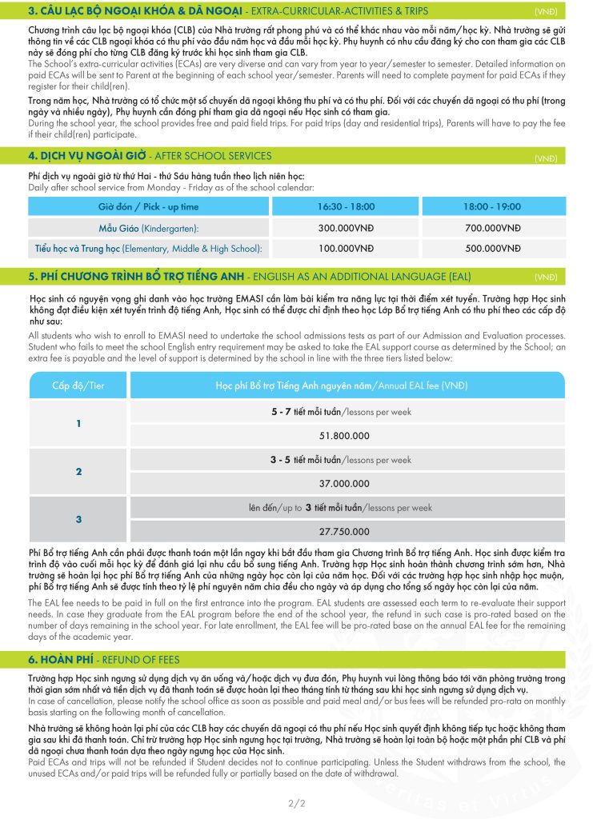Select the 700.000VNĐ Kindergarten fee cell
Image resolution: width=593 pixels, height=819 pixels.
click(492, 227)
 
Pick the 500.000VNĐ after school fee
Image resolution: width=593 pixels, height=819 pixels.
click(492, 249)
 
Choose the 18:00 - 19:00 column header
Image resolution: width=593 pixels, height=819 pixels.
click(492, 206)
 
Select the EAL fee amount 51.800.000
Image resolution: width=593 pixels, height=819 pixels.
click(344, 436)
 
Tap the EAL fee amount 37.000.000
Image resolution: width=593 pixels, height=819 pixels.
click(344, 484)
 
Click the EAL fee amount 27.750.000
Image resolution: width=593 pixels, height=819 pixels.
click(344, 531)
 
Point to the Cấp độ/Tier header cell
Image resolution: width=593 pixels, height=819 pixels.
click(78, 386)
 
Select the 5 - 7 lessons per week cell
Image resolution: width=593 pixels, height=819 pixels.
click(344, 412)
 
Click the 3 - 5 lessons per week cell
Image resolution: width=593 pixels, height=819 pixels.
click(344, 460)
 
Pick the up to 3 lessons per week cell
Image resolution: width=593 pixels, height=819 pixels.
click(344, 507)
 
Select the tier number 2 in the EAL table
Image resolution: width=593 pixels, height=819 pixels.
click(78, 472)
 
